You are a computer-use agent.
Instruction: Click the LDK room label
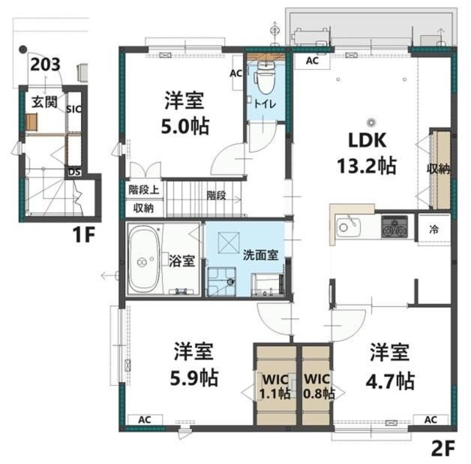click(367, 141)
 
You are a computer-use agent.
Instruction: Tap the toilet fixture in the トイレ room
click(264, 78)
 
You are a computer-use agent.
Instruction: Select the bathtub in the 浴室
click(144, 259)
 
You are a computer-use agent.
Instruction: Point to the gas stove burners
click(394, 227)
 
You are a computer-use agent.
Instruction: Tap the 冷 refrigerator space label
click(433, 230)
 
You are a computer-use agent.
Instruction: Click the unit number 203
click(46, 64)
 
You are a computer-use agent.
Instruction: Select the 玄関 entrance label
click(44, 102)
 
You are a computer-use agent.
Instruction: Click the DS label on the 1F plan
click(74, 172)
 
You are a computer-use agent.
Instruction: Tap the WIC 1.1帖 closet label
click(275, 386)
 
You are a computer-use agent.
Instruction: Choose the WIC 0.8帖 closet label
click(318, 386)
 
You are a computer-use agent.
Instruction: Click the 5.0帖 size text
click(185, 126)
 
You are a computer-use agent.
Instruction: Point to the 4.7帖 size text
click(390, 381)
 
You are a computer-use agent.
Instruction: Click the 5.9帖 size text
click(194, 378)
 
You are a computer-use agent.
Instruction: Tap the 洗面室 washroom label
click(261, 255)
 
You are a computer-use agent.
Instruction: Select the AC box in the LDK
click(312, 61)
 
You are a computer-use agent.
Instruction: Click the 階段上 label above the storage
click(144, 190)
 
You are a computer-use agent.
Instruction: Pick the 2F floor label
click(444, 449)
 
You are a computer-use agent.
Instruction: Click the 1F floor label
click(84, 235)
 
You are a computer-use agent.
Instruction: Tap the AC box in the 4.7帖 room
click(431, 420)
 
